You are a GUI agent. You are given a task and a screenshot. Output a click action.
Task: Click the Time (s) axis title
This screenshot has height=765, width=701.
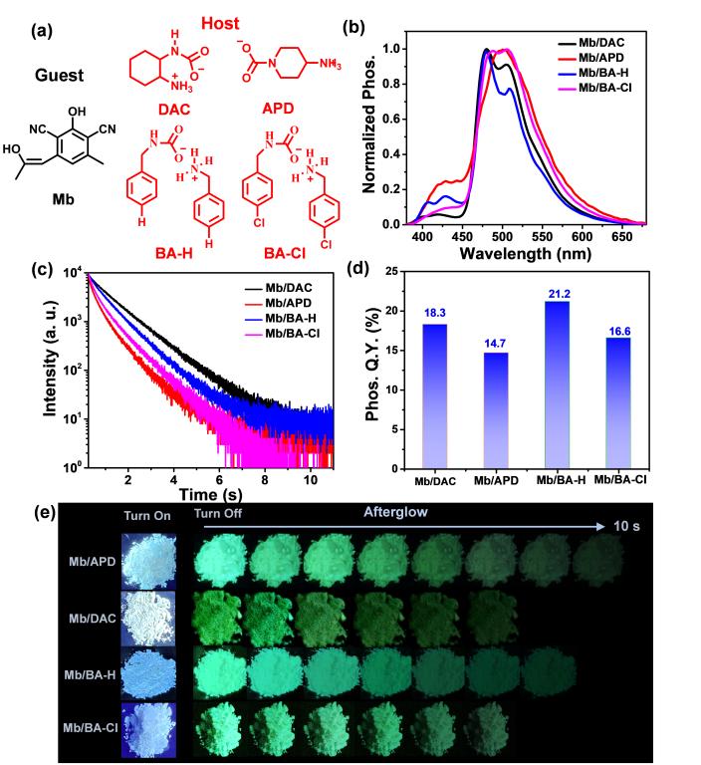pyautogui.click(x=210, y=493)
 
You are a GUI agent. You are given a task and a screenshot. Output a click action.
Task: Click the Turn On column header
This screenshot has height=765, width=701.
pyautogui.click(x=147, y=514)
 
